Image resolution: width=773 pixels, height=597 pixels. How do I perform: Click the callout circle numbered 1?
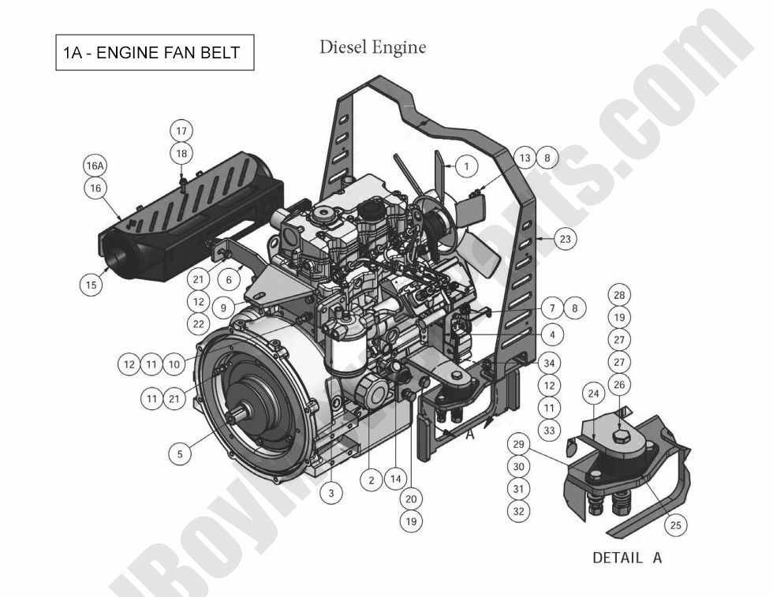pyautogui.click(x=466, y=166)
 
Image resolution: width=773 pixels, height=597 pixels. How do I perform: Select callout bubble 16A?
pyautogui.click(x=95, y=166)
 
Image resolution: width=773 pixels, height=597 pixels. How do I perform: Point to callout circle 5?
pyautogui.click(x=180, y=453)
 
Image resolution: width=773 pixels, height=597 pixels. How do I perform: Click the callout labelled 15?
pyautogui.click(x=92, y=285)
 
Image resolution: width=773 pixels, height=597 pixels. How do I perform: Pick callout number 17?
pyautogui.click(x=182, y=131)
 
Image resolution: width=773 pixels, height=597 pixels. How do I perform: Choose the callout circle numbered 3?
pyautogui.click(x=331, y=493)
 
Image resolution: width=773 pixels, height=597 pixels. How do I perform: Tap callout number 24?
pyautogui.click(x=594, y=392)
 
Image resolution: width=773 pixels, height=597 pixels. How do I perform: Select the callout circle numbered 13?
pyautogui.click(x=525, y=158)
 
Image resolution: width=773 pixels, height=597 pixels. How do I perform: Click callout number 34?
pyautogui.click(x=550, y=364)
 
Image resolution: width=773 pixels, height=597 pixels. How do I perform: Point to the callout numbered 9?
pyautogui.click(x=223, y=308)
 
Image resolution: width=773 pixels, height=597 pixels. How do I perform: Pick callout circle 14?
pyautogui.click(x=396, y=479)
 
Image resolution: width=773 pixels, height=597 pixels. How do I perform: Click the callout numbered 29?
pyautogui.click(x=517, y=444)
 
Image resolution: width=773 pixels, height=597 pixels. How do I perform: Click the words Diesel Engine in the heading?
pyautogui.click(x=372, y=47)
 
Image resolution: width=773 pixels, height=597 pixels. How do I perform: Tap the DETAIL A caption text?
pyautogui.click(x=627, y=558)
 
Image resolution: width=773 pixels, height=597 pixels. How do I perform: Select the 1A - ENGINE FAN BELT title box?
pyautogui.click(x=155, y=53)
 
